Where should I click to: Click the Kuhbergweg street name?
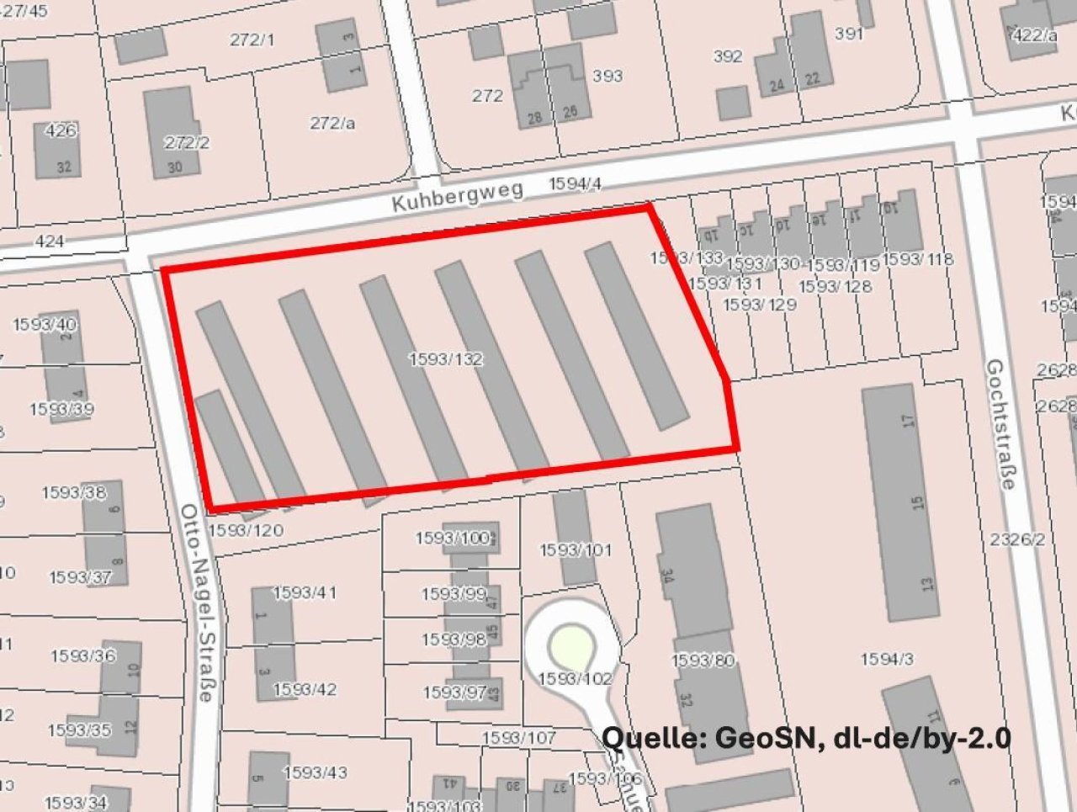[458, 196]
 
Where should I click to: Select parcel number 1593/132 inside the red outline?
[446, 359]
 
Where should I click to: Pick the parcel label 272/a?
[332, 123]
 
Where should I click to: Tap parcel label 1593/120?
[246, 530]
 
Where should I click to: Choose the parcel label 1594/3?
[887, 660]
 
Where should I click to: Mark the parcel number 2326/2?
[1017, 539]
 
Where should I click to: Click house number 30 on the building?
[174, 167]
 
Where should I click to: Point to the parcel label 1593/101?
[576, 550]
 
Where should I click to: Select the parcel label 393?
[607, 76]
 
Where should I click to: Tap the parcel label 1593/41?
[305, 592]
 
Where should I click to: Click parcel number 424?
[50, 241]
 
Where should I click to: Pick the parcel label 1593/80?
[703, 661]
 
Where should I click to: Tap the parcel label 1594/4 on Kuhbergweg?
[575, 184]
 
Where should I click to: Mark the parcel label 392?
[727, 56]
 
